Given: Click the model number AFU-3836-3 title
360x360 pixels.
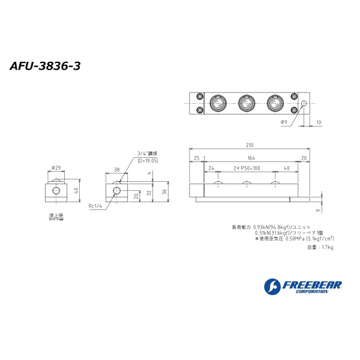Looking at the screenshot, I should (45, 66).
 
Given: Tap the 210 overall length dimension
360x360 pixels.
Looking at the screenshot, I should (249, 145).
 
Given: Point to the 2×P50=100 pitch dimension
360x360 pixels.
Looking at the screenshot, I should (245, 169).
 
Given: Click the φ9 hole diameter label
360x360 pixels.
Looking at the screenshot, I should (284, 122).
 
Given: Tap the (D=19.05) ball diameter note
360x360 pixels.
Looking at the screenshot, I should (148, 161).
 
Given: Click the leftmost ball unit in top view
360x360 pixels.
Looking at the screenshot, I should (217, 104).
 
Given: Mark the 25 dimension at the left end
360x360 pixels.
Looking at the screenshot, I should (196, 158).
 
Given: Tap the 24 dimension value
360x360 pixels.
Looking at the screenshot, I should (211, 169).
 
